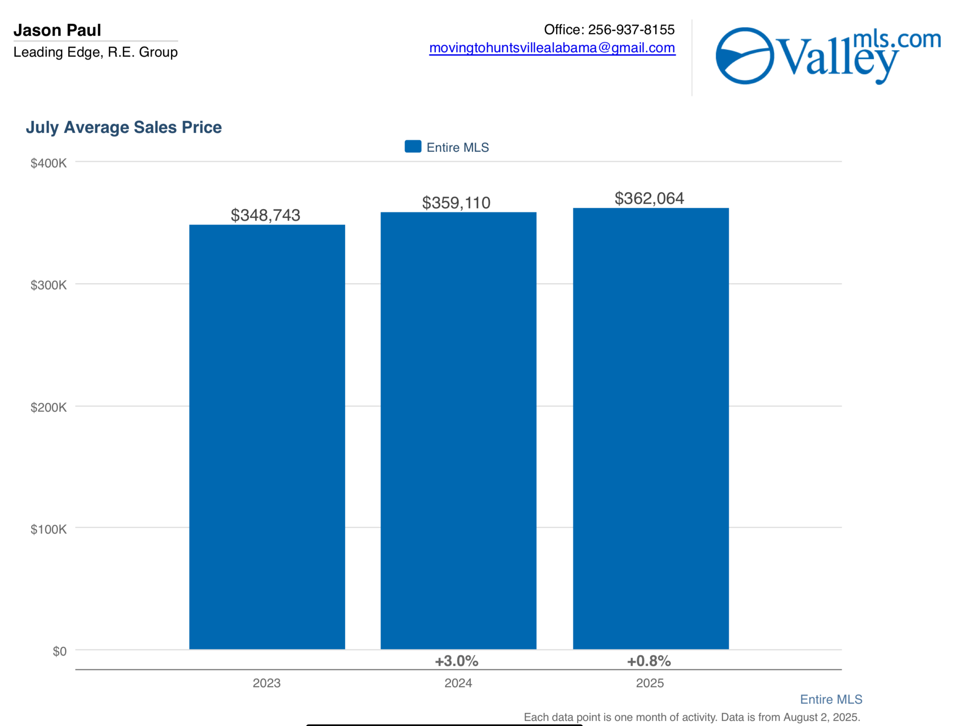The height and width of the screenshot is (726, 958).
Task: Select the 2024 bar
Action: pos(458,430)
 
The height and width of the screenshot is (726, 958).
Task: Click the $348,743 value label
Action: pos(265,215)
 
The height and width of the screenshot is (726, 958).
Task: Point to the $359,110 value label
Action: pos(456,203)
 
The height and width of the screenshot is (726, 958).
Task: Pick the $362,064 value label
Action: pos(649,198)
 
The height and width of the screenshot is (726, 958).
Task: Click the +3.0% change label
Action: pos(457,661)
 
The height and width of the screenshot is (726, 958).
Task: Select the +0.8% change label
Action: pos(649,661)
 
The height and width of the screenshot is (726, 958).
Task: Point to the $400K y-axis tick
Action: pos(49,163)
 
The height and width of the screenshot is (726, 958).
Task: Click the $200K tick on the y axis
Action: pos(49,408)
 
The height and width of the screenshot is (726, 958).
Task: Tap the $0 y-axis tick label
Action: pos(59,651)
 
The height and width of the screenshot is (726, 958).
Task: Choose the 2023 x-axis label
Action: pos(266,683)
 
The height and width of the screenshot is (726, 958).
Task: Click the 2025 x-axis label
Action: pos(649,683)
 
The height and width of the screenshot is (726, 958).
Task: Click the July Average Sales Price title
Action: pos(124,127)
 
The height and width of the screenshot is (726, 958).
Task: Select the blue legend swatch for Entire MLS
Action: pos(413,146)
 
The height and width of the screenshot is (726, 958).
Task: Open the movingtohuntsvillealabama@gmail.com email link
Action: pos(552,48)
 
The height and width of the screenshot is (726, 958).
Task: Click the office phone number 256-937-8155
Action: pos(631,29)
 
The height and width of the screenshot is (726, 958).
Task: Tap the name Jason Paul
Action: pos(57,30)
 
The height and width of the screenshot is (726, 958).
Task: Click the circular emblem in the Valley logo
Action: pos(745,55)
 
